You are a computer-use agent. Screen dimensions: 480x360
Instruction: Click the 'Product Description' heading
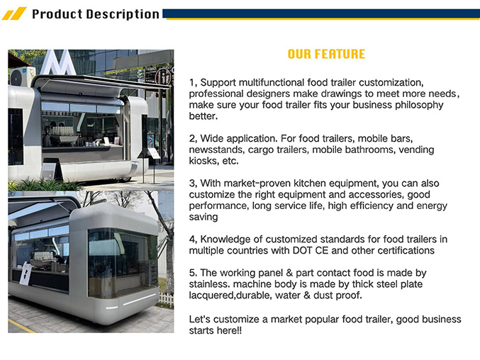click(96, 14)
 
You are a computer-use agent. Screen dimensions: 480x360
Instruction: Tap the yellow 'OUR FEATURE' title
click(326, 54)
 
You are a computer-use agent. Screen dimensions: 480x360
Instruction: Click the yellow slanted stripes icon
click(14, 13)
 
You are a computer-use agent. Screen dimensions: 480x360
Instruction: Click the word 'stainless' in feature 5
click(208, 284)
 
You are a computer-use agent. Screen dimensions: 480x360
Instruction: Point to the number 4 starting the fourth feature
click(193, 240)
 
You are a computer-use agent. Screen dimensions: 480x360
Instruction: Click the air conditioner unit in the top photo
click(21, 76)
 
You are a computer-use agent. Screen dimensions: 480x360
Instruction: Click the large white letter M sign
click(58, 62)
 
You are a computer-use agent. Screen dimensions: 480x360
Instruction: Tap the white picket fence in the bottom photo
click(166, 300)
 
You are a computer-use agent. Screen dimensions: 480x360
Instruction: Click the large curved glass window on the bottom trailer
click(123, 264)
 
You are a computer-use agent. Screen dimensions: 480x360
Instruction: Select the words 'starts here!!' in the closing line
click(216, 331)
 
